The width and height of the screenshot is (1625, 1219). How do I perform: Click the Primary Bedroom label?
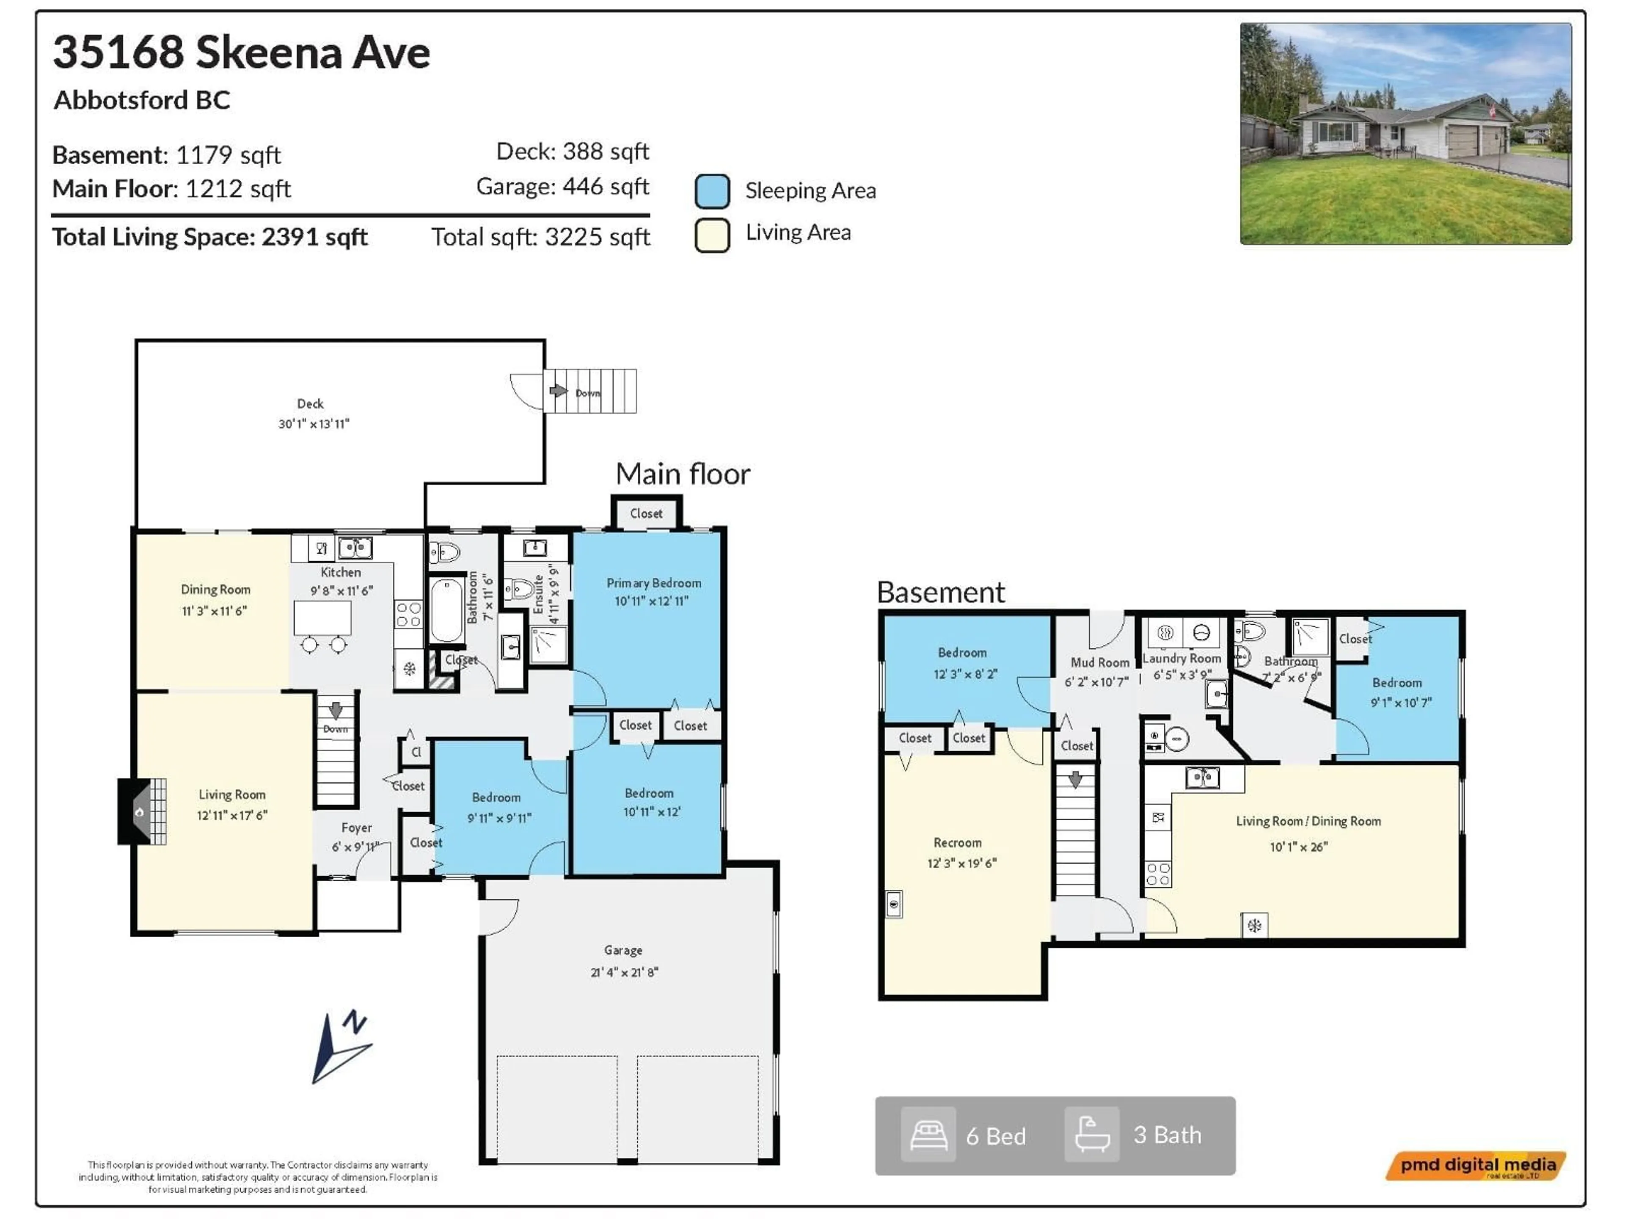pos(653,583)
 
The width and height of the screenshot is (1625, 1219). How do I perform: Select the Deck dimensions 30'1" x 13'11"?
pos(314,424)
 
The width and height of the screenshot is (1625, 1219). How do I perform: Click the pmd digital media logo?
pos(1476,1165)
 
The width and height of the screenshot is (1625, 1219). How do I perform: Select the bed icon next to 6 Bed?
pos(928,1135)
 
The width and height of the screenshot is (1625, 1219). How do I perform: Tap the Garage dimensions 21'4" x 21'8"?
pos(624,972)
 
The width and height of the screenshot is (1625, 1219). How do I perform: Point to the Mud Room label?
pos(1099,662)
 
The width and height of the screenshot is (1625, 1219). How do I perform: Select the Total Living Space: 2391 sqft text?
pos(209,237)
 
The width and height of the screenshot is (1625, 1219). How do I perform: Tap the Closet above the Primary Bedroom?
pos(646,513)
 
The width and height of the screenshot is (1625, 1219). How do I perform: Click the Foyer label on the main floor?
pos(356,828)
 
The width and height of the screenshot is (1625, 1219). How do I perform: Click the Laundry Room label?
pos(1181,658)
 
